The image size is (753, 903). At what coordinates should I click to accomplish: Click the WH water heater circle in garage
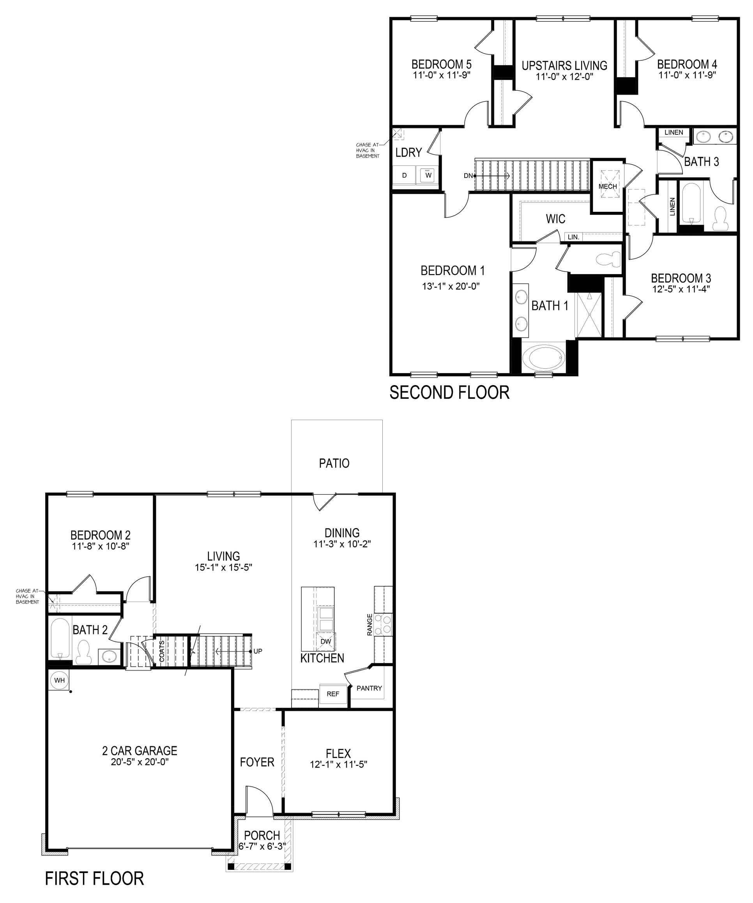(x=59, y=680)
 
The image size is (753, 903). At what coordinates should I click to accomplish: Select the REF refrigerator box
(x=332, y=694)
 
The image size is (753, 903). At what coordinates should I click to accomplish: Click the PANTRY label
(x=369, y=688)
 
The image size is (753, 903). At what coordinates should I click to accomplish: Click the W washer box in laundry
(x=428, y=176)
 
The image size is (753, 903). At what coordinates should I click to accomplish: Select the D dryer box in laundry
(x=404, y=176)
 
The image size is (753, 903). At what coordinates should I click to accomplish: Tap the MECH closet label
(x=608, y=186)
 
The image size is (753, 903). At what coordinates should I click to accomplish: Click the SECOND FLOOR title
(x=449, y=393)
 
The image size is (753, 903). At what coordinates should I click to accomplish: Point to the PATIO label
(x=334, y=463)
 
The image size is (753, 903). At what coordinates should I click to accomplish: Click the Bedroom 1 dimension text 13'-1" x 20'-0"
(x=451, y=286)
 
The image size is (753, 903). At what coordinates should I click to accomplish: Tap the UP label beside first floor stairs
(x=257, y=651)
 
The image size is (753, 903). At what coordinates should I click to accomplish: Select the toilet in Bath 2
(x=83, y=651)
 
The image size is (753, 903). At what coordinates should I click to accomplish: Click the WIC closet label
(x=555, y=219)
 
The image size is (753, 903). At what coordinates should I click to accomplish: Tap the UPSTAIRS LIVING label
(x=564, y=66)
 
